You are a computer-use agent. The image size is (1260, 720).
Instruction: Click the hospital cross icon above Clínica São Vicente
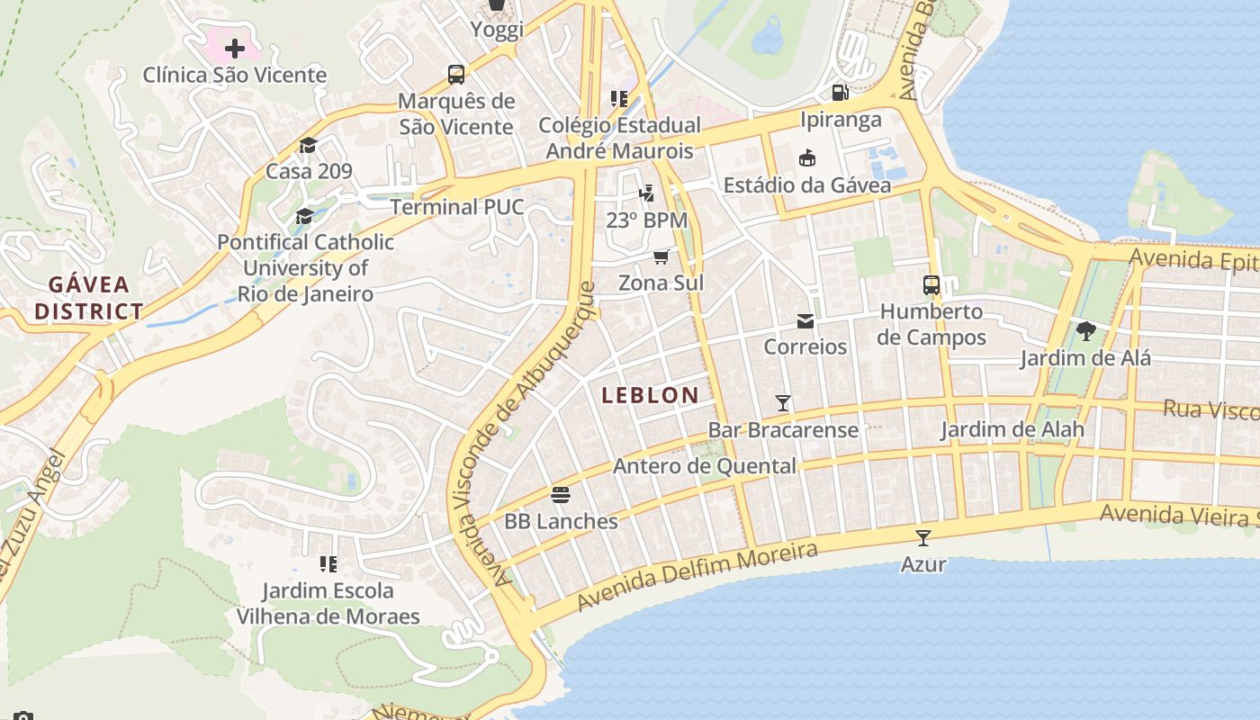235,48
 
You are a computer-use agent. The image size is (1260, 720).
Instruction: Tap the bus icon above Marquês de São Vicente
456,74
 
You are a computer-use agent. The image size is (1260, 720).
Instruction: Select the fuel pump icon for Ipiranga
841,92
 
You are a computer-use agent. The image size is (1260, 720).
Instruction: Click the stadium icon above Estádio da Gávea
807,158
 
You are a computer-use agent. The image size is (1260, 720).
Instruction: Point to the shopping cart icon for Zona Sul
661,256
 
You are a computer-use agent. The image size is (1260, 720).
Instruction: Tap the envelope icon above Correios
805,320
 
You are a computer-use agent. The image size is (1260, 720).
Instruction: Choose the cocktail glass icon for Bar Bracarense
783,403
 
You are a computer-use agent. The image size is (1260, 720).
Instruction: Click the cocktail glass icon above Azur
923,538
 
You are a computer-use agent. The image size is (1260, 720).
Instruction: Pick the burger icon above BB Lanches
561,494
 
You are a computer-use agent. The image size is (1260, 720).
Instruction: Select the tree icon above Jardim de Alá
1085,331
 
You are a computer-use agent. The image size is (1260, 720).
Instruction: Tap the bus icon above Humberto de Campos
931,285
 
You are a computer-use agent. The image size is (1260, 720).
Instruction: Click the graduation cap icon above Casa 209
309,145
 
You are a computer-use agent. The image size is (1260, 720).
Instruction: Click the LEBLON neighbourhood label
650,395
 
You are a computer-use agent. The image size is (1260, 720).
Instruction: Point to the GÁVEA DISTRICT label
95,298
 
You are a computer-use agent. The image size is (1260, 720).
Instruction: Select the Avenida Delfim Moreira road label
697,576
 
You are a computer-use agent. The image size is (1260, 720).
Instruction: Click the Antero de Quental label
705,466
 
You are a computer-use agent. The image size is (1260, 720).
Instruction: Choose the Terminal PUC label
457,207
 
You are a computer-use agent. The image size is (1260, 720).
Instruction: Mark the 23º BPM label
646,220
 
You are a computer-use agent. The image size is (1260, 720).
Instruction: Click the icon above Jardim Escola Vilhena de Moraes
328,564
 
